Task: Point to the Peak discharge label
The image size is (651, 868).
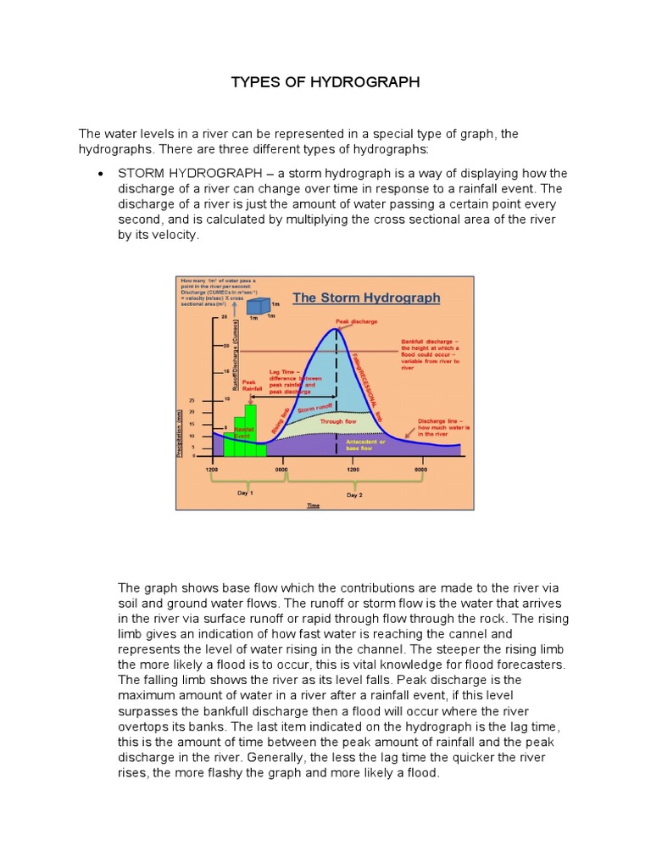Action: [356, 322]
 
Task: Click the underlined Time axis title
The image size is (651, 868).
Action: [314, 505]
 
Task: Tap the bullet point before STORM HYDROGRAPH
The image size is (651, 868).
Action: [101, 174]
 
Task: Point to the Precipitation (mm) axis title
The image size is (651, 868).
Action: [180, 433]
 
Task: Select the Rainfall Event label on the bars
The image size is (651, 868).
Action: [244, 432]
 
